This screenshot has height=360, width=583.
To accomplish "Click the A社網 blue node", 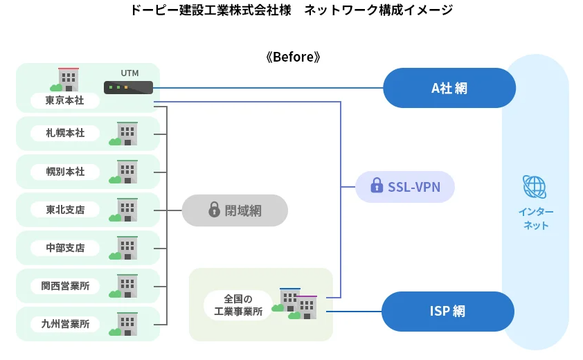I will tap(449, 88).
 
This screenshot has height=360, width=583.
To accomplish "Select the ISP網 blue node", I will tap(448, 311).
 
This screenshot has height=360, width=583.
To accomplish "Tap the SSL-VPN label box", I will tap(405, 186).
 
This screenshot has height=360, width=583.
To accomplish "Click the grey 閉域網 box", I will tap(235, 210).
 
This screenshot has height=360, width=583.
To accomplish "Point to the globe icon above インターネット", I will tap(535, 187).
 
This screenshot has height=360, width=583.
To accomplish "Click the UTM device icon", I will tap(128, 87).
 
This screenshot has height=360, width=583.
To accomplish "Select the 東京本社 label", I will tap(65, 101).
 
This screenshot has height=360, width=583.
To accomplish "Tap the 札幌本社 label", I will tap(65, 133).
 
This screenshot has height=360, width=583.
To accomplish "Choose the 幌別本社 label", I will tap(65, 171).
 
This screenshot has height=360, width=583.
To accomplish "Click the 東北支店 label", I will tap(65, 210).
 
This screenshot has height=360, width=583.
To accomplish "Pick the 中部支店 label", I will tap(65, 248).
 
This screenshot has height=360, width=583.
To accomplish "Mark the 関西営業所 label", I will tap(65, 286).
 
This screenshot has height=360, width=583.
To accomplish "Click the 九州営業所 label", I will tap(65, 324).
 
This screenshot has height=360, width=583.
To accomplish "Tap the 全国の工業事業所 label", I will tap(238, 305).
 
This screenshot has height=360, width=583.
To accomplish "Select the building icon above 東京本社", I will tap(66, 79).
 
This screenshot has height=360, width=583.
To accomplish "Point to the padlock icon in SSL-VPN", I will tap(377, 186).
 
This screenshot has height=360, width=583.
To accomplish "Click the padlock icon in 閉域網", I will tap(214, 209).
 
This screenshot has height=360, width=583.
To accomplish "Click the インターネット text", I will tap(535, 218).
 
